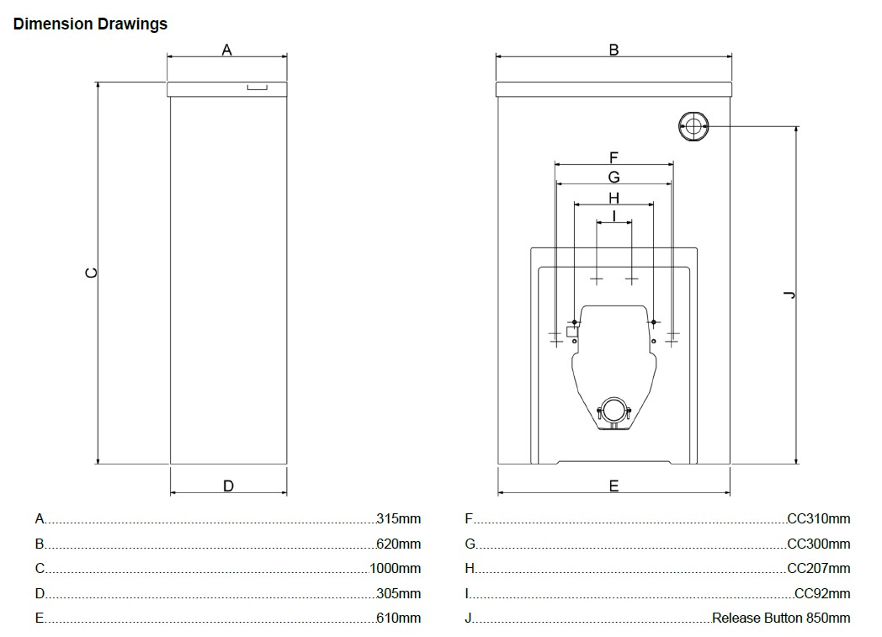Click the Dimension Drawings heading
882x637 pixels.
[90, 24]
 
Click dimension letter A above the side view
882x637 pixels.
[226, 50]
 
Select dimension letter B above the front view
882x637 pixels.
[614, 50]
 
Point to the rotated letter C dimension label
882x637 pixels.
[92, 273]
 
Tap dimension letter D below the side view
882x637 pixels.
[228, 486]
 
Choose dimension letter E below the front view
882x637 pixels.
[614, 486]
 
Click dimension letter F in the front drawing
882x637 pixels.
[614, 157]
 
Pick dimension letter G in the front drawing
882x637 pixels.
[614, 178]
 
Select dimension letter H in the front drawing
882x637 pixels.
[614, 198]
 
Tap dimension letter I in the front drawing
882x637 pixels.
[614, 216]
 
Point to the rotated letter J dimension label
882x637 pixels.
[789, 294]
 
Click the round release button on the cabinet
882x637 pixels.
[693, 126]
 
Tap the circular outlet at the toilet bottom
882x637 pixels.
[614, 411]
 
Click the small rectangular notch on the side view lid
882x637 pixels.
[257, 87]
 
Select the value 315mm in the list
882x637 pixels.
[398, 519]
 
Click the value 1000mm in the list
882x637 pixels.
[395, 569]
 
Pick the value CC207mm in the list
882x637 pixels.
[818, 569]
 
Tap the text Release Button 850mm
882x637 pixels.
[781, 618]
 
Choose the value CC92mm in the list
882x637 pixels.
[821, 594]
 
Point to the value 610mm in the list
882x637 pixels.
[398, 618]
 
